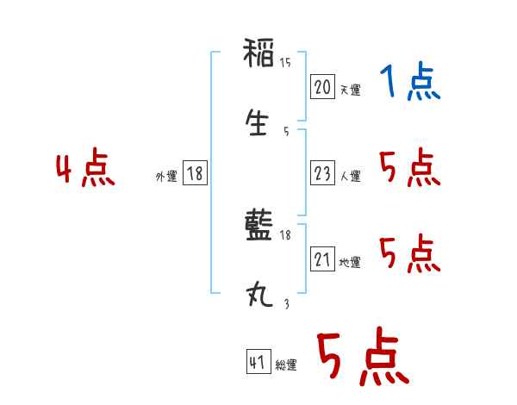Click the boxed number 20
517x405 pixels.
click(x=322, y=88)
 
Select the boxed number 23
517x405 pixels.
click(x=322, y=173)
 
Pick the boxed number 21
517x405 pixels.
click(x=322, y=260)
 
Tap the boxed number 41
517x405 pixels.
click(x=256, y=362)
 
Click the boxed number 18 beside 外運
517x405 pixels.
click(x=195, y=174)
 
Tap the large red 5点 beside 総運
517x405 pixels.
click(x=362, y=358)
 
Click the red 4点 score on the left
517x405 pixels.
click(x=85, y=169)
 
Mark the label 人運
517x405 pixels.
click(x=350, y=176)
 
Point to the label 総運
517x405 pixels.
click(x=285, y=365)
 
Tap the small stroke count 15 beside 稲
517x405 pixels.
click(x=285, y=63)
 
